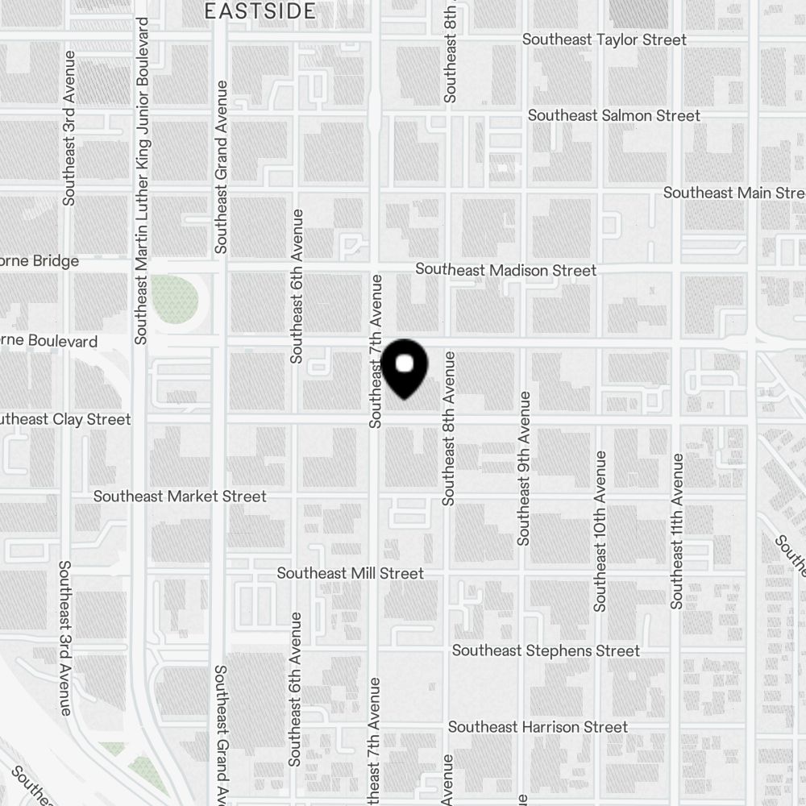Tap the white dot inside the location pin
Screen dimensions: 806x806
click(405, 364)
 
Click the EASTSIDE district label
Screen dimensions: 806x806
click(260, 11)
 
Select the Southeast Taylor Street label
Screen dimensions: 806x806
click(604, 39)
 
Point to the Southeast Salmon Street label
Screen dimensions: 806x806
click(613, 116)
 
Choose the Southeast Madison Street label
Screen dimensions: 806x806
click(505, 270)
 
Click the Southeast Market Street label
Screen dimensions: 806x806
click(179, 496)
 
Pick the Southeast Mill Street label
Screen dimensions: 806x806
click(350, 574)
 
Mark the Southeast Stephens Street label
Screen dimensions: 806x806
click(546, 650)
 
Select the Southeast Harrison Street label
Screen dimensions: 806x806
click(537, 727)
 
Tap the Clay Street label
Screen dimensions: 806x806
click(64, 420)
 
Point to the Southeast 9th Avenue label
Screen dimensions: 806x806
click(525, 468)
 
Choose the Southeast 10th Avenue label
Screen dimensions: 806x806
click(600, 531)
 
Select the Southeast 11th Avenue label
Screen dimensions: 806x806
click(677, 530)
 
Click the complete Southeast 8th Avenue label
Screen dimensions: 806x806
click(449, 428)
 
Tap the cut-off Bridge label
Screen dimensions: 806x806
click(39, 261)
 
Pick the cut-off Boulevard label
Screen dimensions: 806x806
click(48, 341)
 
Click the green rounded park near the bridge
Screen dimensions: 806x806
click(174, 299)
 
